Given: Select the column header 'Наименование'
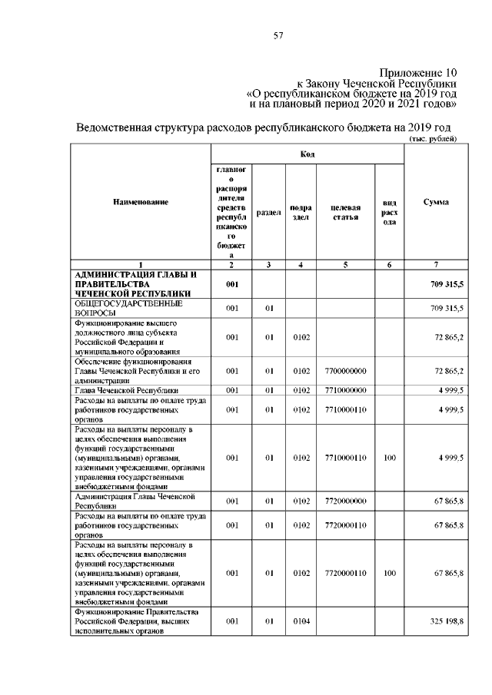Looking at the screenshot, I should coord(140,202).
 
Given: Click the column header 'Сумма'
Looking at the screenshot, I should coord(436,202).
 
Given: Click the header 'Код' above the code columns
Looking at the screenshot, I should coord(307,154).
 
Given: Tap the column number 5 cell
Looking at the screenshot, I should coord(345,265).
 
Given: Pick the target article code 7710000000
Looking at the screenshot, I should coord(345,390).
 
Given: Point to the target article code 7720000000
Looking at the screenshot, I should coord(345,501).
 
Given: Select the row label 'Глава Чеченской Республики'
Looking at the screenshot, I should coord(126,390).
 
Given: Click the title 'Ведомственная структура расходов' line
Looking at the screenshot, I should coord(261,127).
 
